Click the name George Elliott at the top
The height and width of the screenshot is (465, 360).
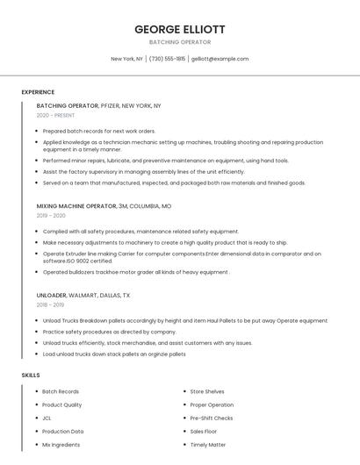(179, 29)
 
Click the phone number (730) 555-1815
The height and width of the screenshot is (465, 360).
(167, 59)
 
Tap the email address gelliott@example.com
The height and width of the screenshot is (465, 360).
(220, 59)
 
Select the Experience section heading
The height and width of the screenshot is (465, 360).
(38, 92)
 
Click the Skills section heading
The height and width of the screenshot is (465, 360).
(31, 375)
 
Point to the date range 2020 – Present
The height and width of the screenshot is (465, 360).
(55, 115)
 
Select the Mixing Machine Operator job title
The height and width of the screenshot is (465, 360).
(76, 205)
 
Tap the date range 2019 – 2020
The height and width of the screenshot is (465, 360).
(51, 215)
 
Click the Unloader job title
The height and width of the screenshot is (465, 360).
(52, 296)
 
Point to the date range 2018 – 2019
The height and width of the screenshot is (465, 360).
(51, 305)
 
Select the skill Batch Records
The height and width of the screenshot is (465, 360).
(61, 391)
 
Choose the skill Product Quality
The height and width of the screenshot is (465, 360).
(62, 404)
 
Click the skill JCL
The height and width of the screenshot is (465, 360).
(47, 418)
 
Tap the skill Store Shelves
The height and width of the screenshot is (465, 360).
(207, 391)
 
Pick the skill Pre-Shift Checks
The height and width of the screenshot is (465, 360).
(211, 418)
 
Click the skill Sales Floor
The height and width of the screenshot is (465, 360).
(204, 432)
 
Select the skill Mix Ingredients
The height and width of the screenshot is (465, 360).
(61, 445)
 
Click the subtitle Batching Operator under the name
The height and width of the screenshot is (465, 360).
(179, 41)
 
